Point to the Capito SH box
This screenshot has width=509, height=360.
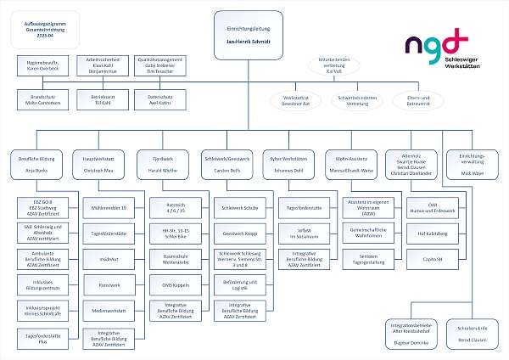click(x=433, y=258)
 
